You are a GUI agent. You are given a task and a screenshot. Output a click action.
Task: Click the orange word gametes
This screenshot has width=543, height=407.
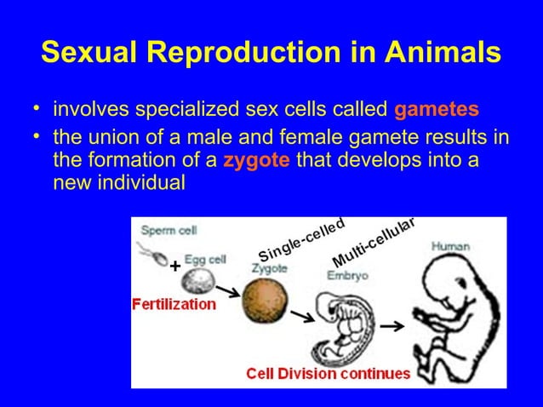click(437, 110)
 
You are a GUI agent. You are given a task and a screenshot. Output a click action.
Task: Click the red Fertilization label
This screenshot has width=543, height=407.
click(174, 304)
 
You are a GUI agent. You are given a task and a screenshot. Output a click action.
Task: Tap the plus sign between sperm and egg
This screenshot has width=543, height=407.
click(174, 267)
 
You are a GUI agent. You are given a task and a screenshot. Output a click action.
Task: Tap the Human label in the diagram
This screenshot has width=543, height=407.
click(450, 246)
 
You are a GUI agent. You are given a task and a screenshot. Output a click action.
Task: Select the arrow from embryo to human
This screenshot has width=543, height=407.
click(391, 326)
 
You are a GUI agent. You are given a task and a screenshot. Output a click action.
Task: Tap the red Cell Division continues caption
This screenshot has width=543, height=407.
click(328, 373)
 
